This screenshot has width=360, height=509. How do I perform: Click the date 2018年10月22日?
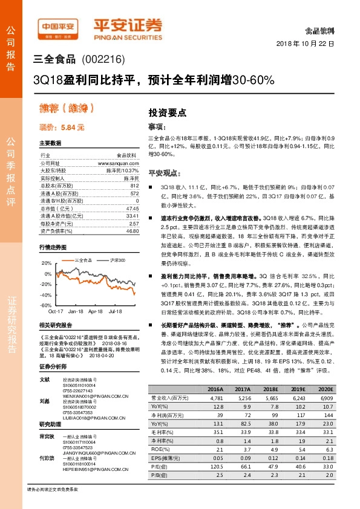[305, 44]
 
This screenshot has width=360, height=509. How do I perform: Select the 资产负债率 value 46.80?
[133, 230]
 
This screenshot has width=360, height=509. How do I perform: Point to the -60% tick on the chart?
[46, 305]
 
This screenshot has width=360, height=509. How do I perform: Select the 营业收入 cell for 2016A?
[215, 398]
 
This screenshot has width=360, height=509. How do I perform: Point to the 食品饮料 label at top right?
[321, 29]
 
